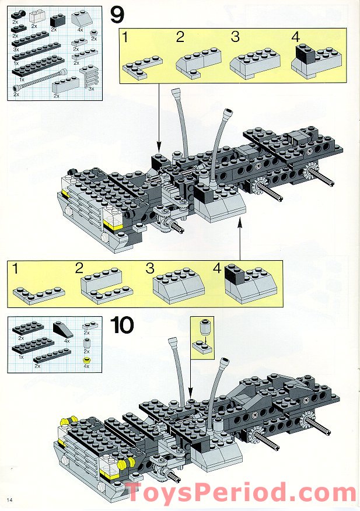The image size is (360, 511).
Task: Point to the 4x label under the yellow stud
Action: [x=86, y=367]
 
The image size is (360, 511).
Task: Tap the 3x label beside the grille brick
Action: [x=92, y=90]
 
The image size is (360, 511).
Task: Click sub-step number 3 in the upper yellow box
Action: [x=235, y=37]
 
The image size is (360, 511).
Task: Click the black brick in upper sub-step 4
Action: [x=305, y=54]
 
